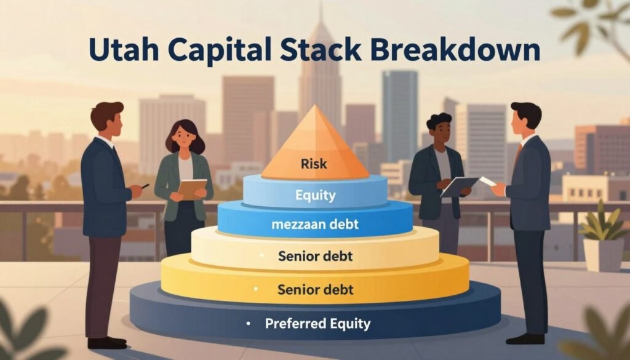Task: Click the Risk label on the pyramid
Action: (314, 164)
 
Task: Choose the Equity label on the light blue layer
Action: (315, 196)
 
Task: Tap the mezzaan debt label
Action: (315, 225)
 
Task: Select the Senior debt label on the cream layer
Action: (314, 255)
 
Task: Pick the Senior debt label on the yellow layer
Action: (314, 289)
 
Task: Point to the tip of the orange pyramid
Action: (314, 107)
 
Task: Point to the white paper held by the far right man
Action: (487, 181)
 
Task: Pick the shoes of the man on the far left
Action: (106, 342)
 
